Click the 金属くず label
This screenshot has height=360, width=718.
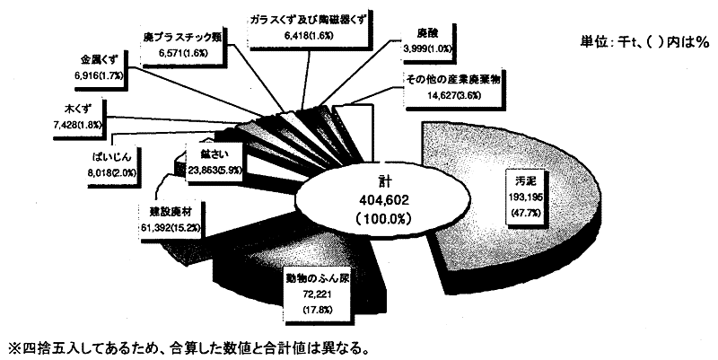tap(104, 58)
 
